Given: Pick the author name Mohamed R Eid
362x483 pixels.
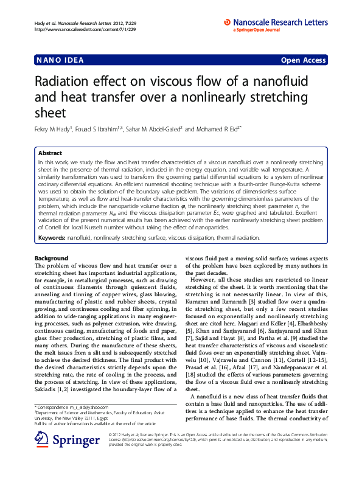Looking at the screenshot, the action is [219, 129].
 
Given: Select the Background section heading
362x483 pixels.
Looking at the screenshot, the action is [52, 259].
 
